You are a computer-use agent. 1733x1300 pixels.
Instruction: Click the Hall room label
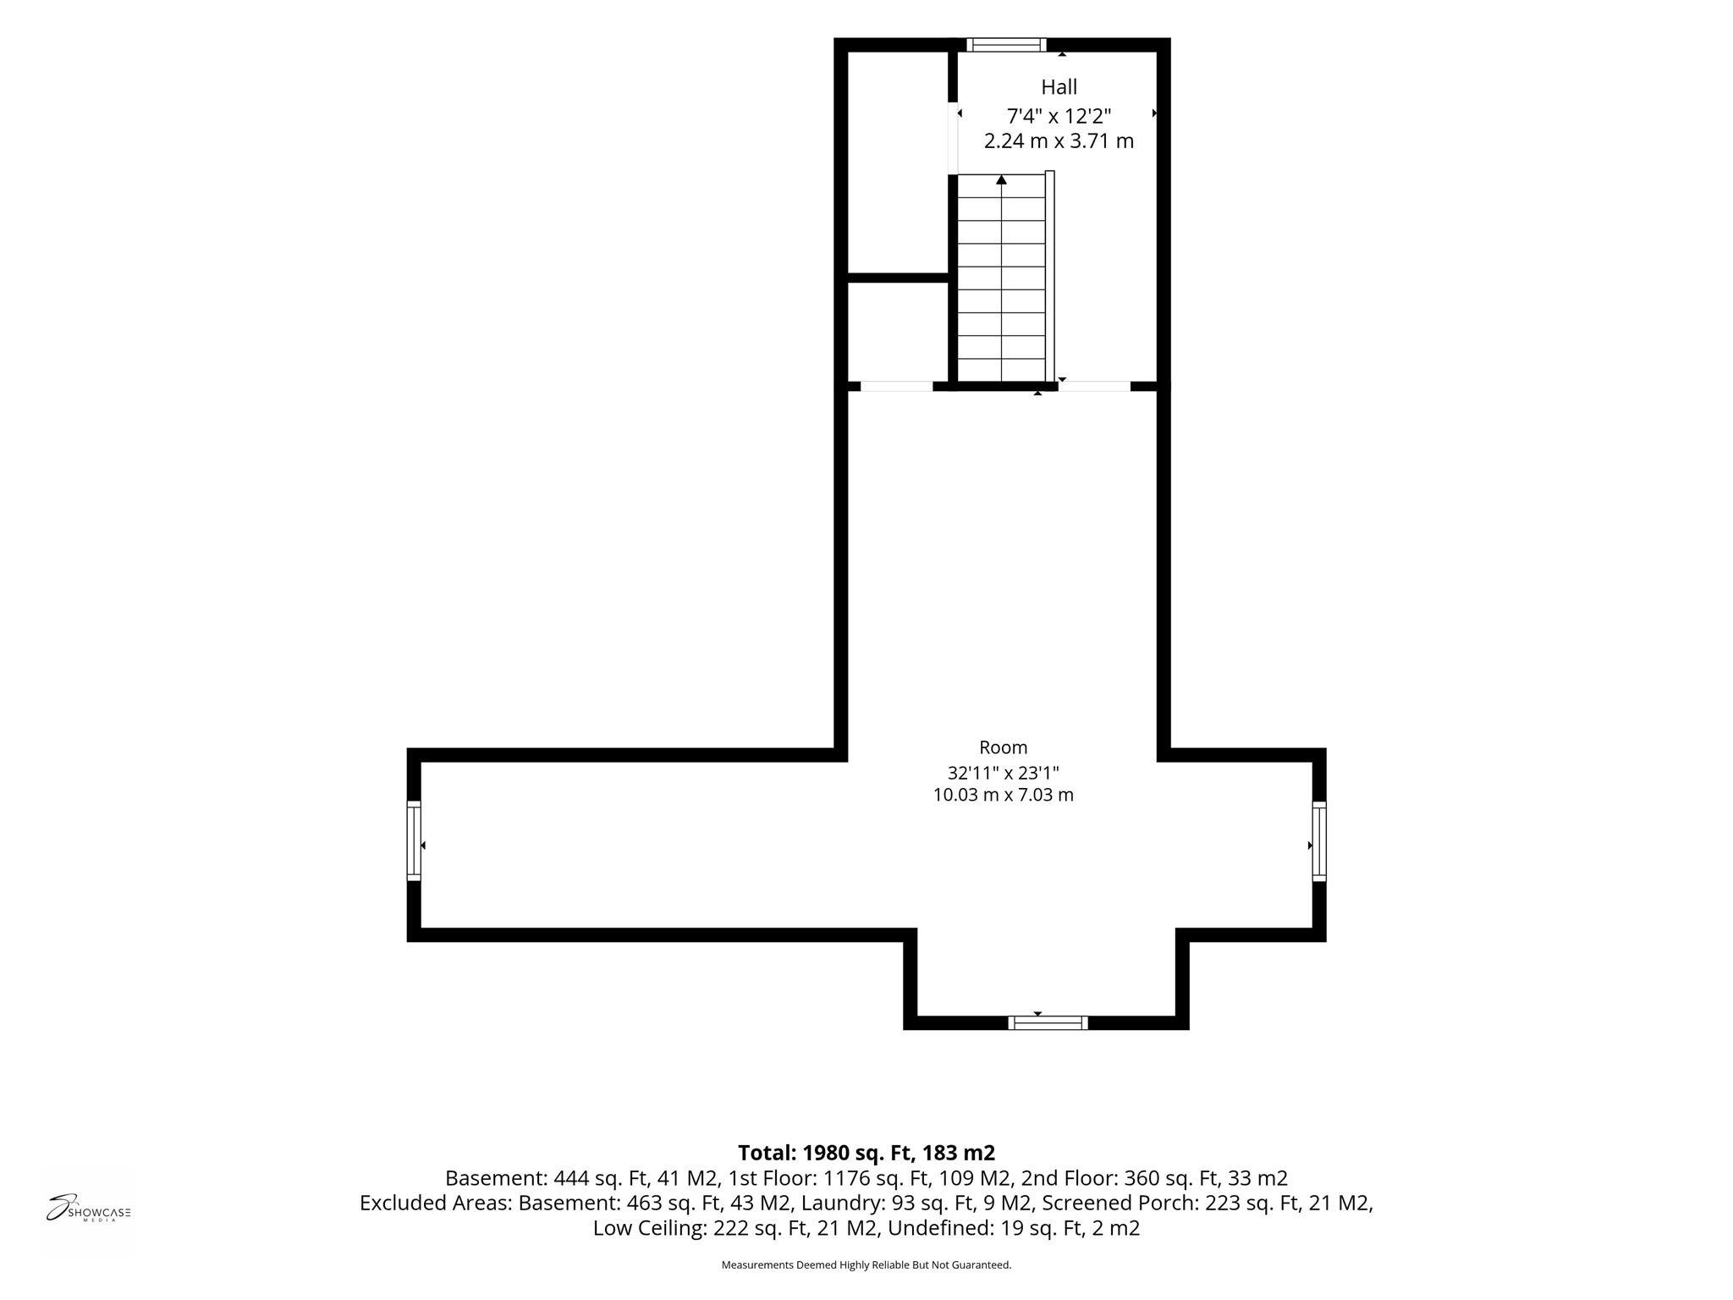[1059, 87]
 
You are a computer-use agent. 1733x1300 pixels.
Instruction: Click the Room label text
[1004, 747]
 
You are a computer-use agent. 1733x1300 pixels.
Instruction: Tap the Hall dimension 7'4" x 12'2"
[1059, 116]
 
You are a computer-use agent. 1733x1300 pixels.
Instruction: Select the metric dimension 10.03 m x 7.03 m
[1004, 795]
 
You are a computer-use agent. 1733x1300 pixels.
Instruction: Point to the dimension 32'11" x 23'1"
[1004, 772]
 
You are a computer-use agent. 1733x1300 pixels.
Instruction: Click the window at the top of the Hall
[1006, 45]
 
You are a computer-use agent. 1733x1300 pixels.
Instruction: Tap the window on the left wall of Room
[414, 841]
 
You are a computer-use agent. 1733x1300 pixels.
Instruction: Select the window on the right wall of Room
[1319, 841]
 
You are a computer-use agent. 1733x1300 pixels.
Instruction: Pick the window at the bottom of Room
[1048, 1023]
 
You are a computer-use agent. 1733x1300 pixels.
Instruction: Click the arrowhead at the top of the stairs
[1002, 179]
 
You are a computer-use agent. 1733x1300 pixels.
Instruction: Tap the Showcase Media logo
[88, 1209]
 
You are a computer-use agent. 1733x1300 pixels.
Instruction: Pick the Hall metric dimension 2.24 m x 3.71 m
[1059, 141]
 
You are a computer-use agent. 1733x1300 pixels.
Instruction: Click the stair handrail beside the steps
[1050, 277]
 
